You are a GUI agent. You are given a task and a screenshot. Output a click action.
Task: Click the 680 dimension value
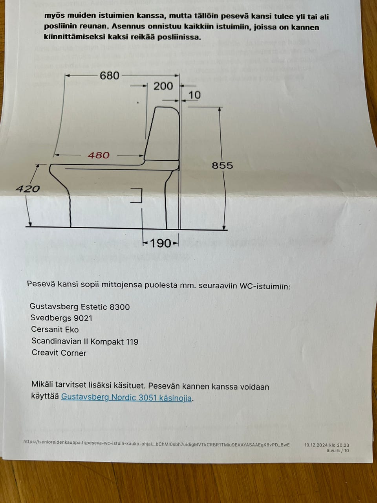[109, 75]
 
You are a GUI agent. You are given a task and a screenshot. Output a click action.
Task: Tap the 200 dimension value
[163, 86]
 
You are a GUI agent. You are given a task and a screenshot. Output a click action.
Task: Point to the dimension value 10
[194, 95]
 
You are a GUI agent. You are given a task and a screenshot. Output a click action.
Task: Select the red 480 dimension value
[98, 155]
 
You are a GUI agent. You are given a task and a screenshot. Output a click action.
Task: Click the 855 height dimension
[222, 165]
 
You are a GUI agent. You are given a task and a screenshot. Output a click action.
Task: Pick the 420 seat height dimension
[28, 189]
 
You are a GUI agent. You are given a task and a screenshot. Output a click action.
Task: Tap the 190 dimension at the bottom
[161, 243]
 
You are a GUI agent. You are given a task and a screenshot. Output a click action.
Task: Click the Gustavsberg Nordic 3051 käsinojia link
[126, 397]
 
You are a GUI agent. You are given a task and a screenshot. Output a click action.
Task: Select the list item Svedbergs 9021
[61, 318]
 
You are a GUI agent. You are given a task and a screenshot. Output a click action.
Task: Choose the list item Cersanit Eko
[55, 329]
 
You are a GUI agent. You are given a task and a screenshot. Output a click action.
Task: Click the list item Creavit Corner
[59, 352]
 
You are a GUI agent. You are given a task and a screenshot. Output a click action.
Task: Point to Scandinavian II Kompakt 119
[85, 341]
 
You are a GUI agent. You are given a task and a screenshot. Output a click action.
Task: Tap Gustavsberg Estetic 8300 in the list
[80, 307]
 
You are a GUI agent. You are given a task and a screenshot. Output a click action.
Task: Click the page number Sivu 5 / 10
[337, 450]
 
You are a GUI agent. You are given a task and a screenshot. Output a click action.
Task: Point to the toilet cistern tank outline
[163, 134]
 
